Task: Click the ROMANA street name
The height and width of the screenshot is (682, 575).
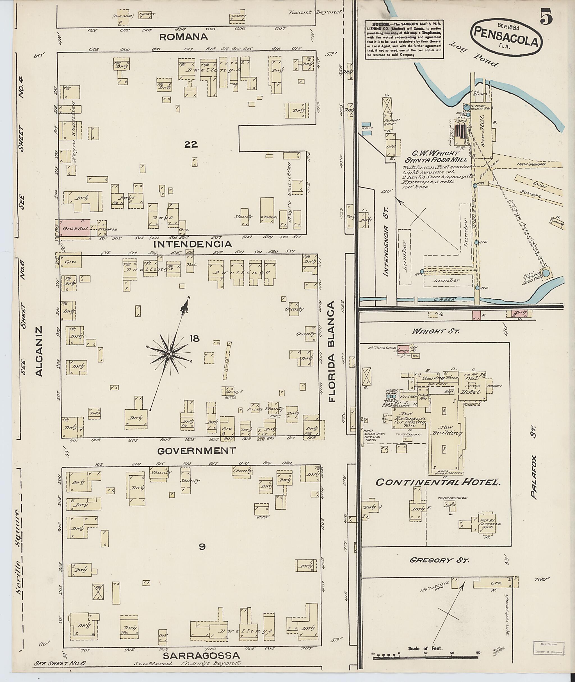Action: click(x=184, y=37)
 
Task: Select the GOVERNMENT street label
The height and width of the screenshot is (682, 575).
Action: click(x=196, y=451)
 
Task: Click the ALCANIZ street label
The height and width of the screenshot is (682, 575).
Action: click(x=39, y=351)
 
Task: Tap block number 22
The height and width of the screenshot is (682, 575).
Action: click(x=191, y=144)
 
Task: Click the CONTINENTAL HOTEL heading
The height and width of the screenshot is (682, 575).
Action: click(x=438, y=482)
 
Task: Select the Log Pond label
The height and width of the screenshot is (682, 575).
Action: click(x=474, y=54)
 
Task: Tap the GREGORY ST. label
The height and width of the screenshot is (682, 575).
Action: click(x=439, y=560)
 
